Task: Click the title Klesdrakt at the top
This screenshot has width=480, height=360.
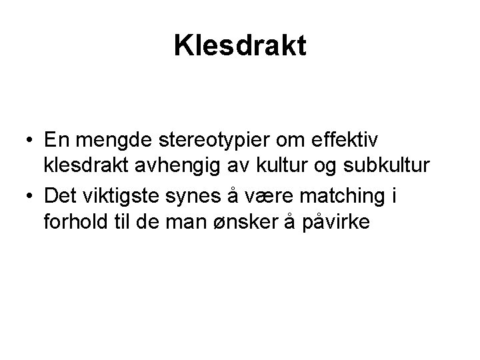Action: tap(240, 45)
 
